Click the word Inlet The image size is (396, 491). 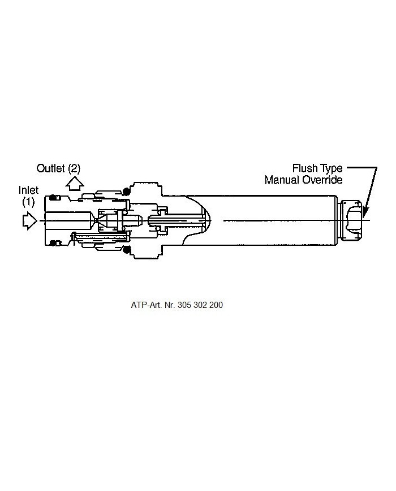(29, 190)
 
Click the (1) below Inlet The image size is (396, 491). (29, 201)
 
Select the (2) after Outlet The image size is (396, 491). (75, 168)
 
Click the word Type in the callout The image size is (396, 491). (331, 169)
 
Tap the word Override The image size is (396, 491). (323, 180)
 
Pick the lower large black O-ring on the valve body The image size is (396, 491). (127, 249)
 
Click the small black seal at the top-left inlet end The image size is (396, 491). (55, 197)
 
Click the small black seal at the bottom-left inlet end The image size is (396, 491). (55, 243)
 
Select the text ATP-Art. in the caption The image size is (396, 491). (145, 305)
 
